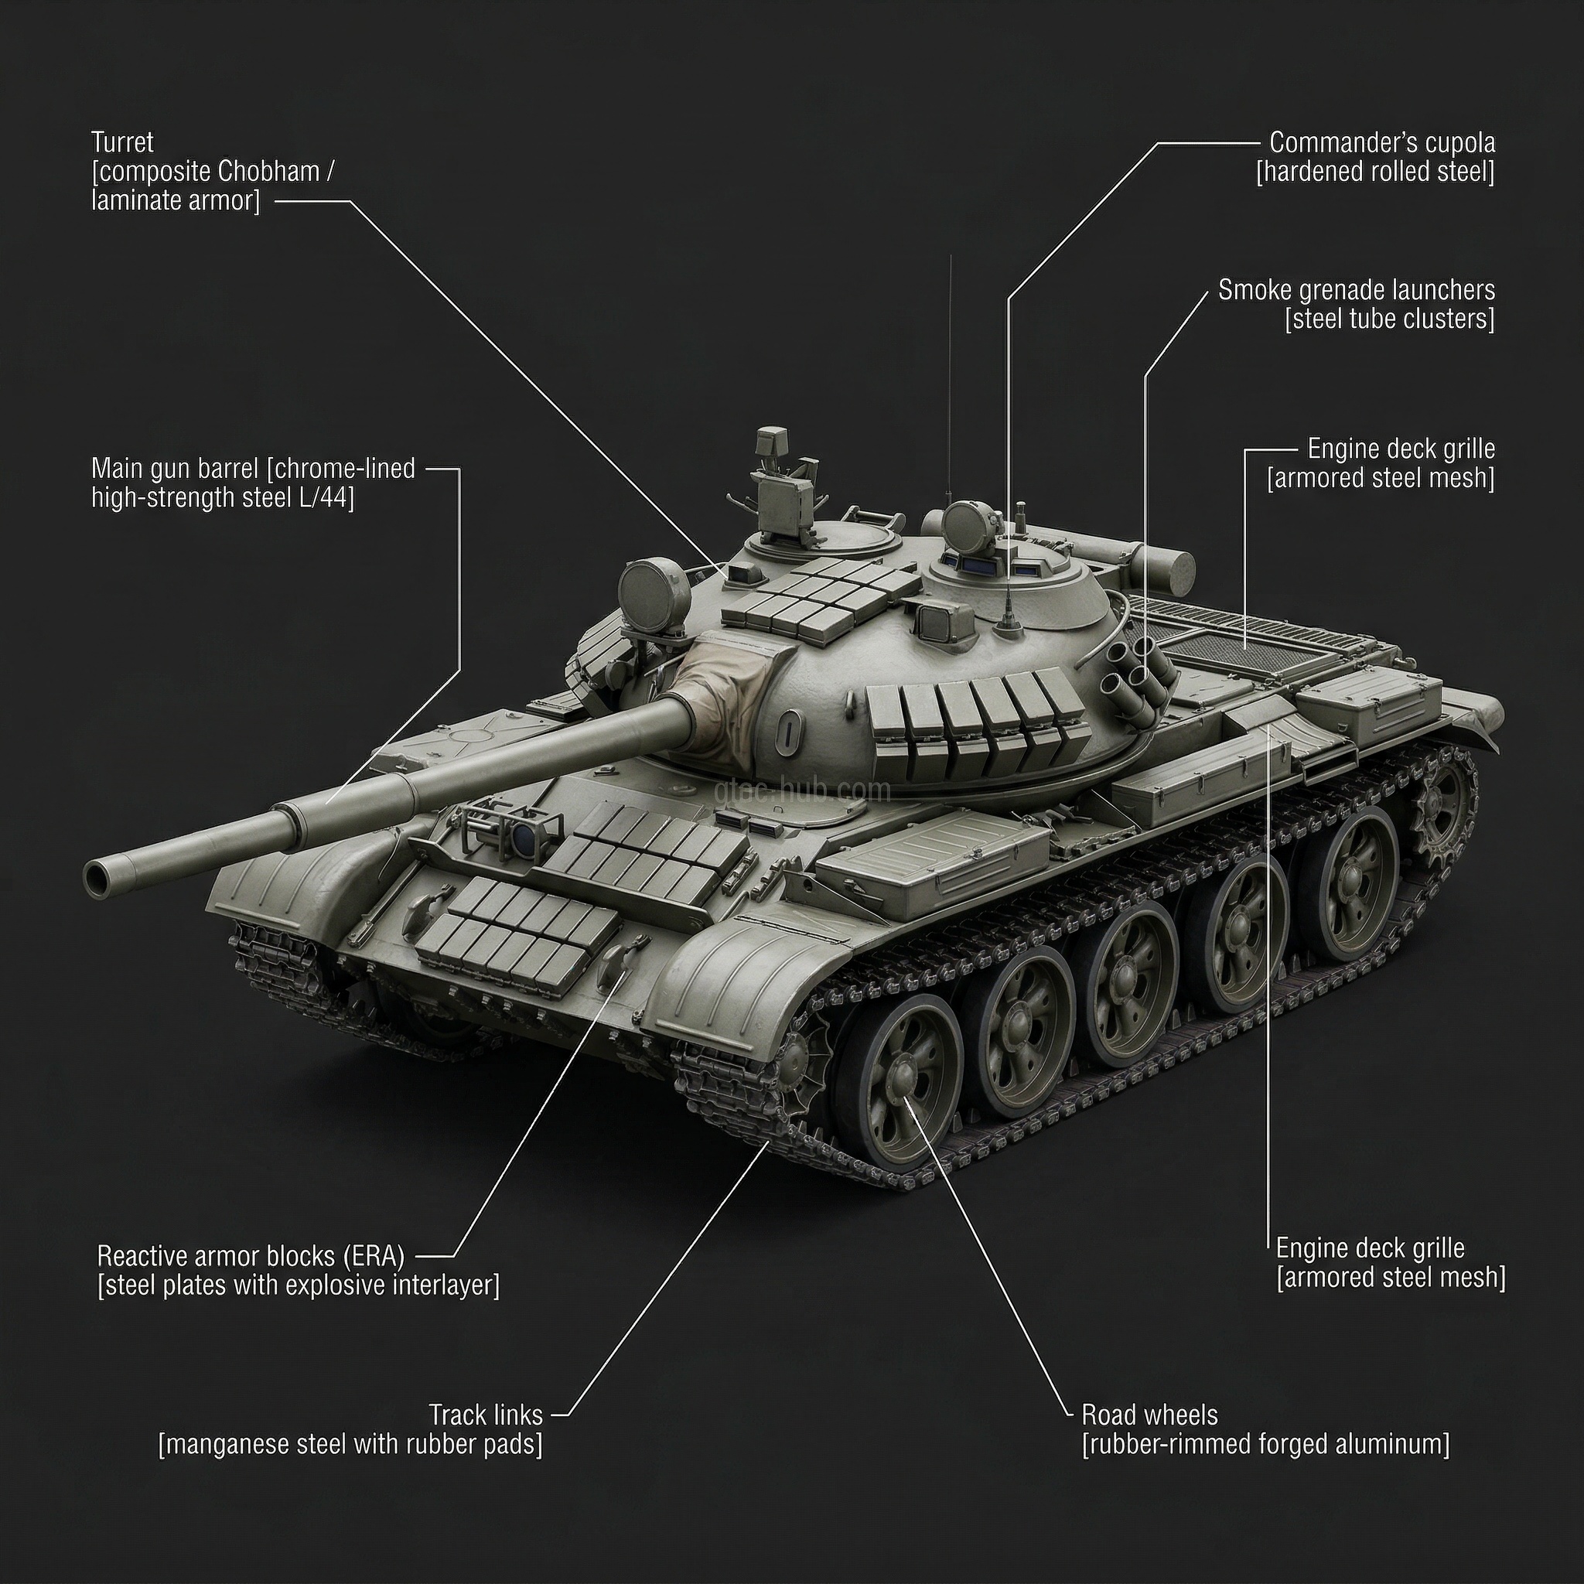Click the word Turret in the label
[122, 142]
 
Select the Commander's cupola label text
[1381, 142]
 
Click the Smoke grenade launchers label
[1356, 289]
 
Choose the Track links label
[486, 1415]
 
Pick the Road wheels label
[1149, 1415]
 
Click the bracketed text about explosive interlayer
[299, 1285]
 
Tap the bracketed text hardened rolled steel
[1375, 172]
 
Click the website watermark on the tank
[802, 790]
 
